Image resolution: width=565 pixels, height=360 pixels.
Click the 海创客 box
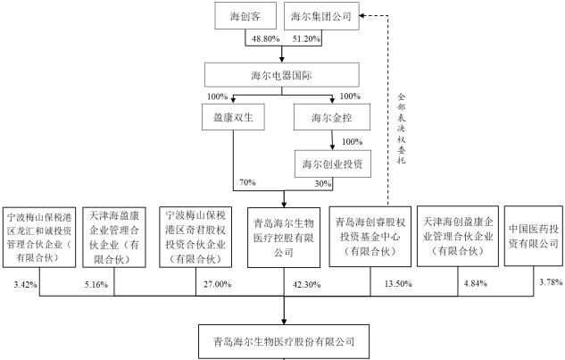[244, 16]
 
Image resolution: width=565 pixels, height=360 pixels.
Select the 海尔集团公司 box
[322, 16]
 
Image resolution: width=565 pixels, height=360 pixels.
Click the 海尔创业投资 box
[333, 163]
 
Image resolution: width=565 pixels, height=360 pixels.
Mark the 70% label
[247, 182]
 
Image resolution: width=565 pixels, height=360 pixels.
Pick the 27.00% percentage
[219, 285]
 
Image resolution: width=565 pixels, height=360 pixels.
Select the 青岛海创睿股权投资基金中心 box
[369, 237]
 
